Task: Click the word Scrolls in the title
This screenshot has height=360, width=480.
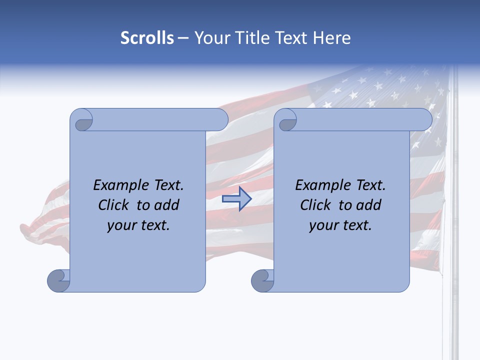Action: (147, 38)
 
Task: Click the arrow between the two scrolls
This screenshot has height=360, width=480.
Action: (236, 199)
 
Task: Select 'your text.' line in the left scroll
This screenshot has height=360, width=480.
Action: (138, 225)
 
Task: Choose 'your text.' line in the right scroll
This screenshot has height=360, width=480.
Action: (340, 225)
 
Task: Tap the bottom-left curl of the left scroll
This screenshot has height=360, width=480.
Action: (59, 280)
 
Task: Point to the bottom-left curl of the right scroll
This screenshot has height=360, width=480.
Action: (263, 280)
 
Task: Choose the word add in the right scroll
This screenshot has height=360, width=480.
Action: (368, 205)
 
